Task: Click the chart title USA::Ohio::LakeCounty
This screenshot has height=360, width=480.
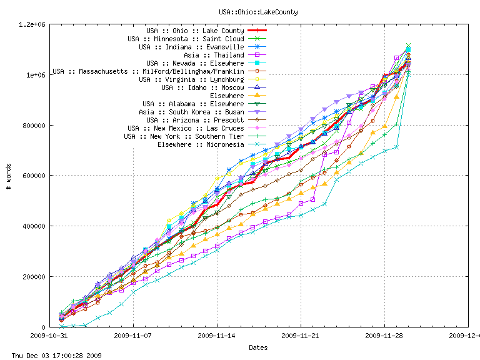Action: click(258, 12)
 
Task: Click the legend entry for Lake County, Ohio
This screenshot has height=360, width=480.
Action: click(195, 31)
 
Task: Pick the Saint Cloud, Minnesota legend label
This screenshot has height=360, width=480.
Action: click(186, 39)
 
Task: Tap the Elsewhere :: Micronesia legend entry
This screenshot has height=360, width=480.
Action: click(201, 144)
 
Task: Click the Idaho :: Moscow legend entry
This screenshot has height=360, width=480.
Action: click(196, 87)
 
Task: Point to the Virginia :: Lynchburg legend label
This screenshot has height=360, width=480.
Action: click(191, 79)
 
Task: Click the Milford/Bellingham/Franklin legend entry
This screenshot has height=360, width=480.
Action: click(148, 71)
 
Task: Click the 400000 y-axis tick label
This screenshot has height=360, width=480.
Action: click(34, 226)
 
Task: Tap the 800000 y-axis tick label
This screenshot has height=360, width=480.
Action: click(34, 126)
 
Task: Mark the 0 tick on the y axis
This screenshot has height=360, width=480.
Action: click(44, 327)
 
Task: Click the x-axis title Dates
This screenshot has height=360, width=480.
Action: click(258, 347)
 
